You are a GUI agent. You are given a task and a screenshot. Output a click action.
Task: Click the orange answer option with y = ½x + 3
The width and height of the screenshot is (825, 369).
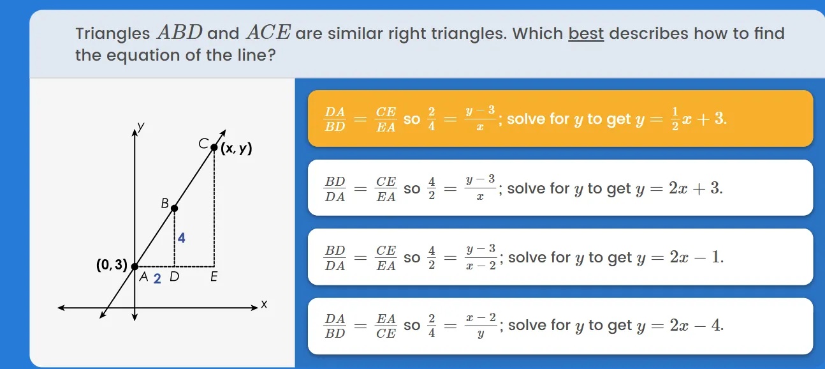[560, 119]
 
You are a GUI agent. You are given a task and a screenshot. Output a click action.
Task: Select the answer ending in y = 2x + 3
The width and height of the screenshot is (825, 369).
[560, 188]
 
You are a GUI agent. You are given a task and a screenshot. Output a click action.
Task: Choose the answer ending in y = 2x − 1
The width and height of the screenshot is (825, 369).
[560, 257]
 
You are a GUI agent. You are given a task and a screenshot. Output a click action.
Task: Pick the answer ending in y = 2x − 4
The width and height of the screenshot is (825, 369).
[560, 326]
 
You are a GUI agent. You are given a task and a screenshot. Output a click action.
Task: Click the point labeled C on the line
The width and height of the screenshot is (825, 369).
[214, 147]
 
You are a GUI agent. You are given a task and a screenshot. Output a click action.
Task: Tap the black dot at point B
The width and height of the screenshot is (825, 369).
[175, 207]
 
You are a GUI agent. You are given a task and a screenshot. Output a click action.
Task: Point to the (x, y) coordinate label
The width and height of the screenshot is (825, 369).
[237, 149]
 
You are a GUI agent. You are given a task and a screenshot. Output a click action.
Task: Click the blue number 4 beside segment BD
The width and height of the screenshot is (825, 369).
[182, 238]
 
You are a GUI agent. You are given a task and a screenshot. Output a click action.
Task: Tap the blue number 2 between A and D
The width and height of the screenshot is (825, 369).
[157, 278]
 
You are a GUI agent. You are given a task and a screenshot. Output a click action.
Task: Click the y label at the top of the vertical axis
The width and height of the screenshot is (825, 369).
[142, 127]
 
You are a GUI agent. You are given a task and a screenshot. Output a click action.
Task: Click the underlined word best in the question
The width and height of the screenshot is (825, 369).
[586, 33]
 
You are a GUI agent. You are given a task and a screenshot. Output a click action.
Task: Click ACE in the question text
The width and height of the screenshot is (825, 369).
[267, 33]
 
